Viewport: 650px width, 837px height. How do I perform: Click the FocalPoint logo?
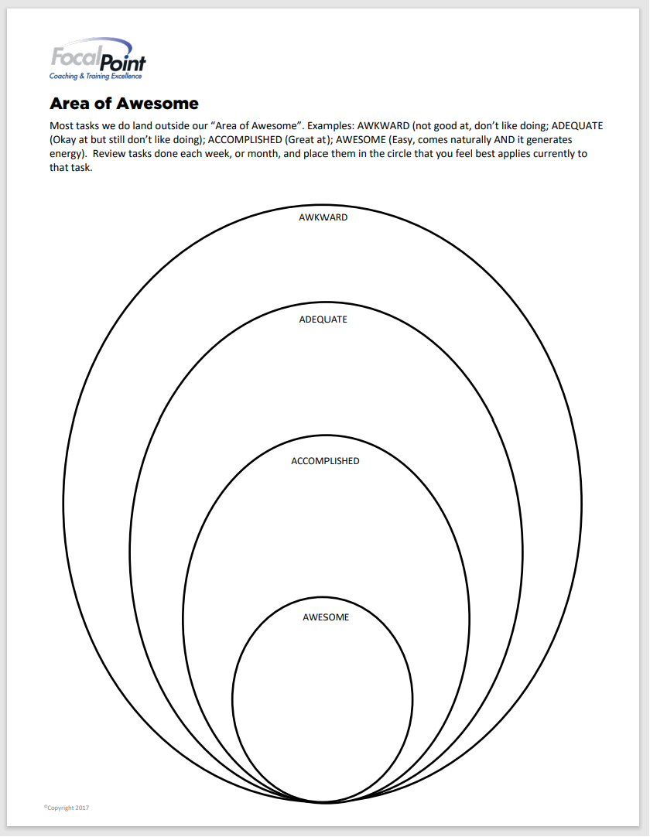click(x=97, y=60)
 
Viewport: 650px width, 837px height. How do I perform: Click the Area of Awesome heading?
click(x=124, y=104)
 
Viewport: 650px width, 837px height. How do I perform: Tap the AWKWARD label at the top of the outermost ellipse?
click(x=323, y=217)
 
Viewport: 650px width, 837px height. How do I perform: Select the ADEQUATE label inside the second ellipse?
click(x=323, y=319)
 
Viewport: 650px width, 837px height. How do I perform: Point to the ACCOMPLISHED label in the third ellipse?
click(x=325, y=461)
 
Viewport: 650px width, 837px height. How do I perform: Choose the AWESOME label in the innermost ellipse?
click(x=326, y=617)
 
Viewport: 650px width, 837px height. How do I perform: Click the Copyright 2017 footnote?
click(x=67, y=808)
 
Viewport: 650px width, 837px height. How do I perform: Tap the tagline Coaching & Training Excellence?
click(x=95, y=76)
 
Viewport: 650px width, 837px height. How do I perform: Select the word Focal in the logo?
click(x=74, y=56)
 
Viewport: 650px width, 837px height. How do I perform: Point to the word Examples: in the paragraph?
click(x=330, y=125)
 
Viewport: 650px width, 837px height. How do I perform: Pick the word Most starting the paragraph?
click(x=61, y=125)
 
